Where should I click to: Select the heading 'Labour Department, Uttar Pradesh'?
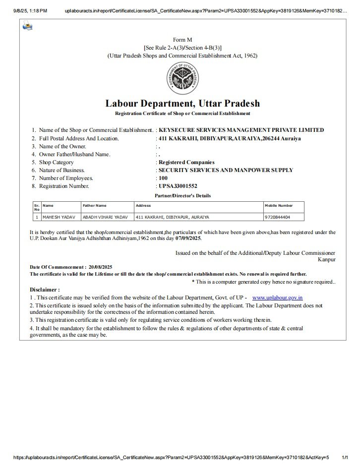point(182,104)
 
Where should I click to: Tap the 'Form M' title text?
point(182,39)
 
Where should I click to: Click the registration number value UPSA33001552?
point(178,186)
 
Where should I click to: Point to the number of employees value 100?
point(163,178)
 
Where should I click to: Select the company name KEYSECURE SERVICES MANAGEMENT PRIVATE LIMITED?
point(240,130)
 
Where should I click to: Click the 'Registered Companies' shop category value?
point(186,162)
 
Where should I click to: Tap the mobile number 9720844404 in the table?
point(278,217)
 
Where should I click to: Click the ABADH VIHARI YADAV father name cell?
point(105,217)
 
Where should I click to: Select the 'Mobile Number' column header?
point(279,205)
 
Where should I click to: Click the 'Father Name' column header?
point(95,205)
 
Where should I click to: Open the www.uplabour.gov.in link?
point(278,297)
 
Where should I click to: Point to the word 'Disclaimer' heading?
point(45,290)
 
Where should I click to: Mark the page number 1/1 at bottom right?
point(346,459)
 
